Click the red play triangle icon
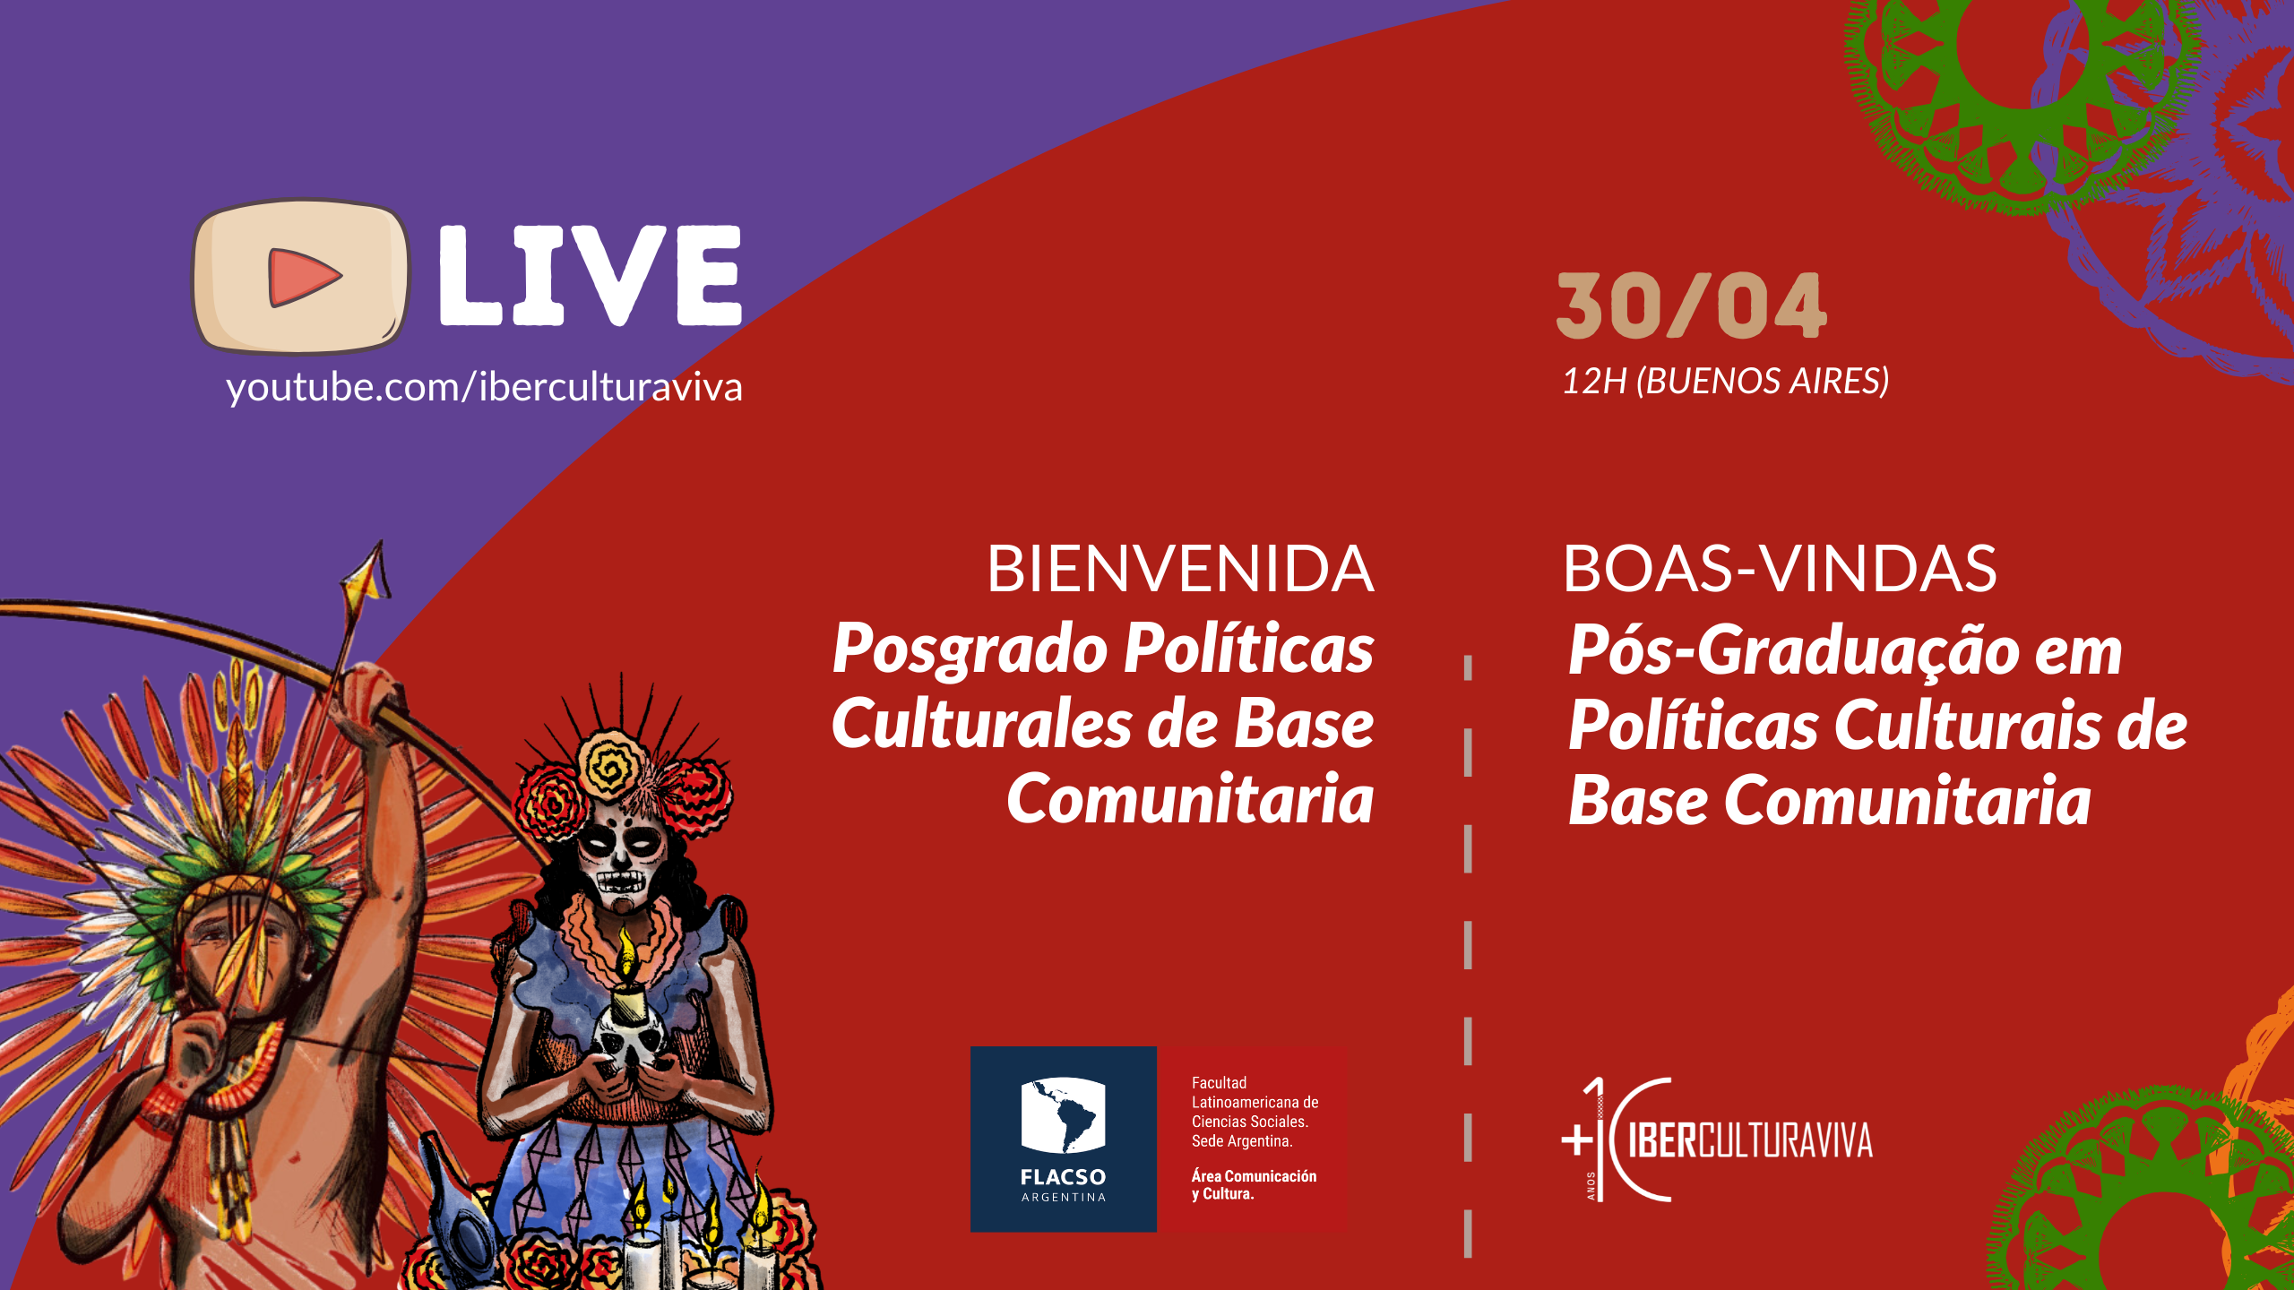(303, 277)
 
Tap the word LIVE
(591, 275)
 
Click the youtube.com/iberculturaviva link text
(484, 388)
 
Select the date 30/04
(1692, 306)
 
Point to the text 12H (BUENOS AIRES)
(1726, 382)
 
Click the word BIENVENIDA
(1180, 569)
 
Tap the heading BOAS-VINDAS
(1780, 569)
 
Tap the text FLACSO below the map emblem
(1064, 1177)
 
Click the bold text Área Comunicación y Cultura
(1254, 1184)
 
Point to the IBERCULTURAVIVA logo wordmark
(1750, 1140)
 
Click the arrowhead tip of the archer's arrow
(380, 541)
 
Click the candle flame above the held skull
(627, 951)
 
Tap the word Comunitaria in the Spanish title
(1190, 799)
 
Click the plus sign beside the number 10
(1577, 1140)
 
